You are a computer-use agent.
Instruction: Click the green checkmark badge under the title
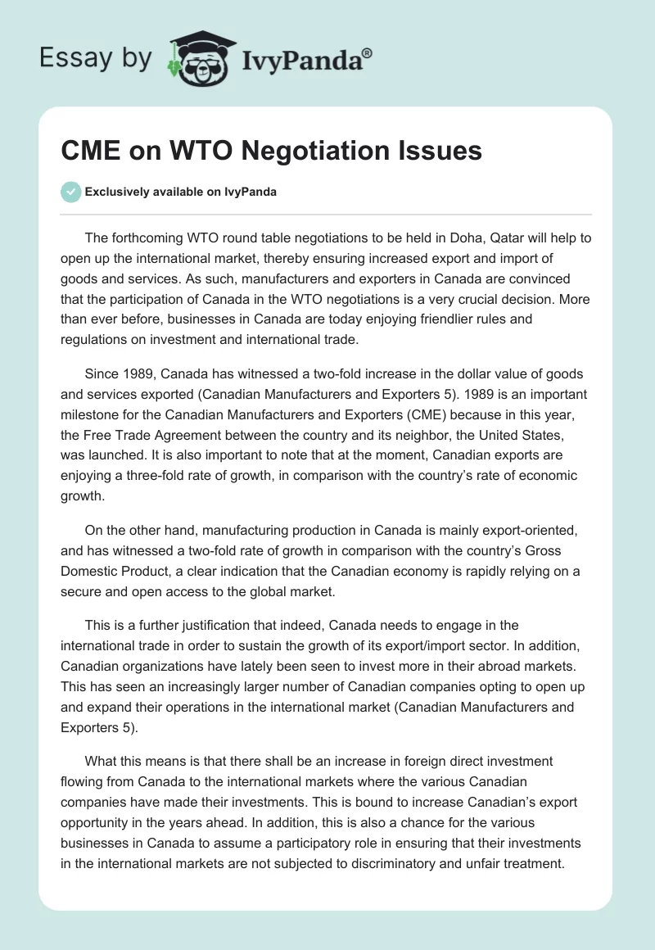(x=71, y=192)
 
